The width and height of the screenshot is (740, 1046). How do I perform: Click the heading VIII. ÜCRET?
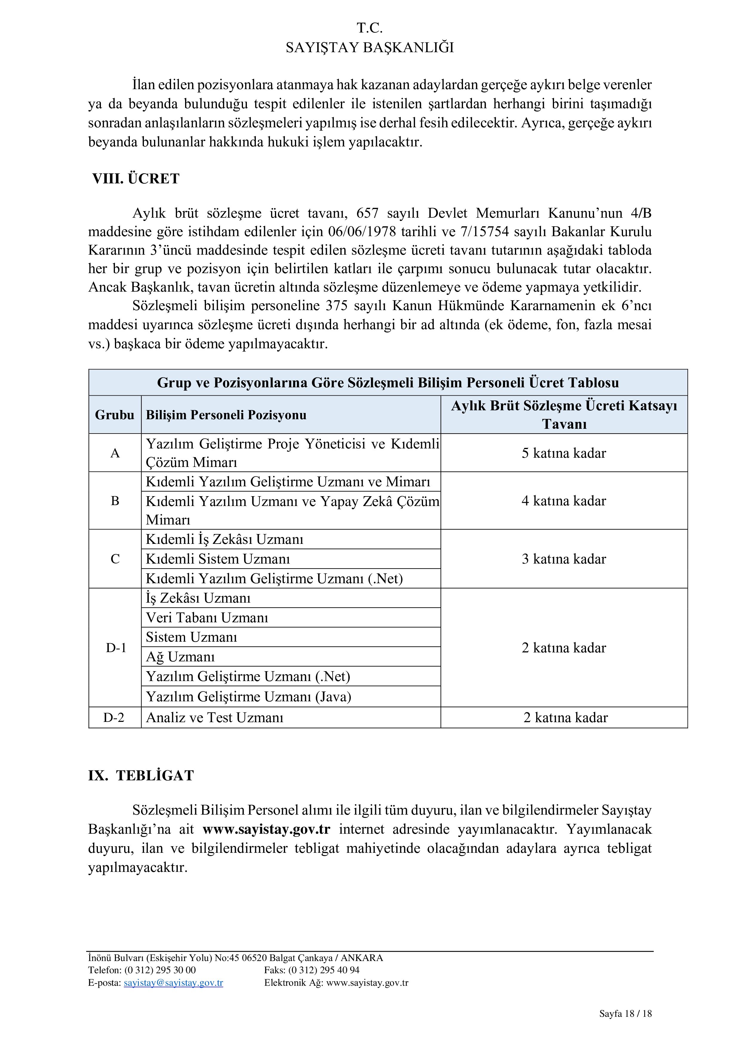pyautogui.click(x=136, y=179)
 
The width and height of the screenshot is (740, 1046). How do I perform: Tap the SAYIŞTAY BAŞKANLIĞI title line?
pyautogui.click(x=370, y=47)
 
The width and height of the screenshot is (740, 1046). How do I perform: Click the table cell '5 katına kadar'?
pyautogui.click(x=564, y=453)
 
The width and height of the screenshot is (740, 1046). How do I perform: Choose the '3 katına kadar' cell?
pyautogui.click(x=564, y=559)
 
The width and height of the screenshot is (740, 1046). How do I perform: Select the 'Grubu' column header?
pyautogui.click(x=114, y=415)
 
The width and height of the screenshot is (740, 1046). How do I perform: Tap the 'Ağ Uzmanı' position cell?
pyautogui.click(x=180, y=657)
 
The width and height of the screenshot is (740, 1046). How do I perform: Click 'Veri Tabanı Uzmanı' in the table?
pyautogui.click(x=207, y=618)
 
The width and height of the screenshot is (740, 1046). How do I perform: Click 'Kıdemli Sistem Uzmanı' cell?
pyautogui.click(x=218, y=559)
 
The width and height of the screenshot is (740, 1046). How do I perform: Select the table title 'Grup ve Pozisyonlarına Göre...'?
pyautogui.click(x=388, y=383)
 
